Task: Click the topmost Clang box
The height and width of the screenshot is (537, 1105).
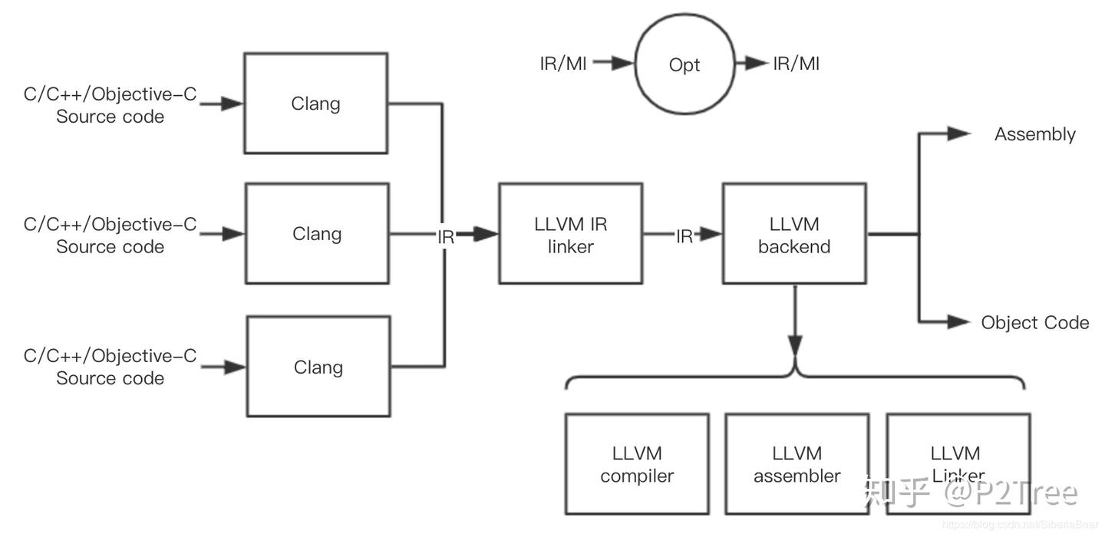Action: click(315, 104)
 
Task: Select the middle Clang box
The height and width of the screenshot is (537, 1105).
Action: click(316, 233)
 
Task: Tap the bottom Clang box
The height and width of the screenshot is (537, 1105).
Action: click(318, 367)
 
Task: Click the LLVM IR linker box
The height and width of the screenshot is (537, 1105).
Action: click(570, 234)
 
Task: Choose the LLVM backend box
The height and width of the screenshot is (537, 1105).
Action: click(794, 234)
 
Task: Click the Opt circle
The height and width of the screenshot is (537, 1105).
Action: click(684, 64)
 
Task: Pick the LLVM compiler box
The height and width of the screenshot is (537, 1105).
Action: click(637, 464)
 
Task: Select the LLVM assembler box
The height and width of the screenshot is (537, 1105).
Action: click(797, 464)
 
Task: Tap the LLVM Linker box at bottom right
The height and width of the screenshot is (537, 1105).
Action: click(958, 464)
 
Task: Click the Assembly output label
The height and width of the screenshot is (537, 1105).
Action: click(1034, 134)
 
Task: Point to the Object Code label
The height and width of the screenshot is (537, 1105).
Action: click(1034, 322)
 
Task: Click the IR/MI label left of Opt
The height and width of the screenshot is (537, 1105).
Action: click(562, 64)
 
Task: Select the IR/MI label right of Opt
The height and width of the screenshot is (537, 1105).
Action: click(796, 64)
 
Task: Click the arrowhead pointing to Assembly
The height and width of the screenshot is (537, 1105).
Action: click(958, 133)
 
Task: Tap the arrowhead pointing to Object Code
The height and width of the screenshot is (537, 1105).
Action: click(958, 321)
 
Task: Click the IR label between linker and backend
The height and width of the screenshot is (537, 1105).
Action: click(684, 237)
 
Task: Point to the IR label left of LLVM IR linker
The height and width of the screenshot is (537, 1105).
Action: click(446, 237)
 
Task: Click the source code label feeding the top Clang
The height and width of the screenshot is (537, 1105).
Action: click(110, 106)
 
